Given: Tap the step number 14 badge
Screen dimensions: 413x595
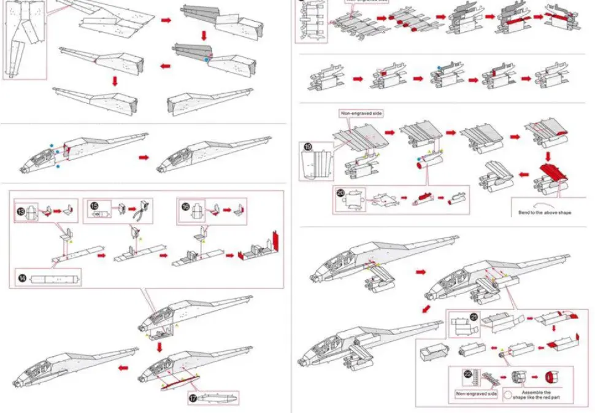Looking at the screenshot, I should coord(22,278).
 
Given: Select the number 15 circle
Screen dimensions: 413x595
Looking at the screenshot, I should coord(94,206).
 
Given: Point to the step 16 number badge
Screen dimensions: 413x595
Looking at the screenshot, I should coord(186,207).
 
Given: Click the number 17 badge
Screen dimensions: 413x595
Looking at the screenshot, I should coord(193,398).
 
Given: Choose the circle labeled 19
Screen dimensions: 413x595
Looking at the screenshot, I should coord(307,147).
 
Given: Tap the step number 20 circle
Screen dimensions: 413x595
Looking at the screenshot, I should coord(341,192).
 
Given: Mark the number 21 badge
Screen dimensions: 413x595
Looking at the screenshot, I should coord(474,317).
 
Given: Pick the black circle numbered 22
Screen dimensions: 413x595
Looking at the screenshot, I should coord(468,373).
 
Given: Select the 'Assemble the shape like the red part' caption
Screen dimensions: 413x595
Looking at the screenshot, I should coord(535,395).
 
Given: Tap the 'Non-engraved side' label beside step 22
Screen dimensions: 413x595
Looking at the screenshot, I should coord(476,393).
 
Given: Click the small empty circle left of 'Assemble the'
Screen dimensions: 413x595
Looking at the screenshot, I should coord(508,395).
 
